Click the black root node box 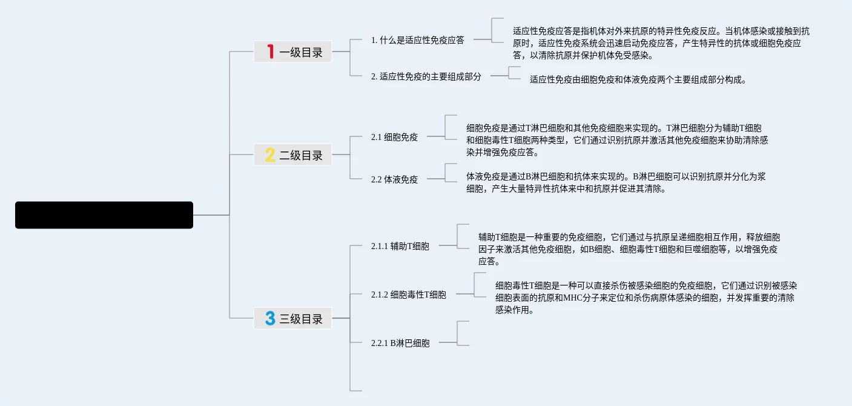104,215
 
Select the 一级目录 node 293,52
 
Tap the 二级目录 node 293,155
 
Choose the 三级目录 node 293,318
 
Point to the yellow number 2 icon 270,155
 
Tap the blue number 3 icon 270,318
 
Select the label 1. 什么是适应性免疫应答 417,40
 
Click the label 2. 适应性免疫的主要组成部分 426,76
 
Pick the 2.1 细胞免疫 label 394,137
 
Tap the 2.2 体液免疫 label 394,179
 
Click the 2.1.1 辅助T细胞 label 400,246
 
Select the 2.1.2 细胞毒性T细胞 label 408,295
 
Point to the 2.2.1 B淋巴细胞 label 400,343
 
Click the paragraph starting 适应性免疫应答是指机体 661,43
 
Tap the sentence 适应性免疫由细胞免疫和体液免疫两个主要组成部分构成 638,79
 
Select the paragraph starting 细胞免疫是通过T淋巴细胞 617,140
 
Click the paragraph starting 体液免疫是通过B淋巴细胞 616,182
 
